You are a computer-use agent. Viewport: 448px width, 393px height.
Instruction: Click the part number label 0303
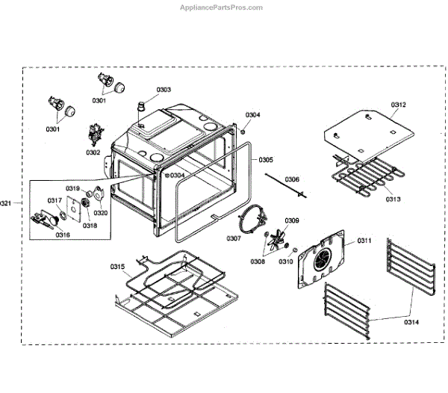[163, 90]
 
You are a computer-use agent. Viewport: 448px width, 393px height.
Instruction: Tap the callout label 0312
[398, 105]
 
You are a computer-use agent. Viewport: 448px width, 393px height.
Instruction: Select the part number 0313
[393, 199]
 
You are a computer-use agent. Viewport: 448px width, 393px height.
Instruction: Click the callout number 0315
[118, 267]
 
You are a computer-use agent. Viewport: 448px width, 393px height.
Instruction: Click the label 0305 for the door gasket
[266, 160]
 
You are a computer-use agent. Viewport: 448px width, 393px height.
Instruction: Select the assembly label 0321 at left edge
[6, 202]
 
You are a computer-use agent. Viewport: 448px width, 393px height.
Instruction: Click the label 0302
[93, 152]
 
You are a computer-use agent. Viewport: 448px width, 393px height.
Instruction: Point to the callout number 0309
[292, 220]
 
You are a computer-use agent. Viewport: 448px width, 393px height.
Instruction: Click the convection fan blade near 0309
[278, 239]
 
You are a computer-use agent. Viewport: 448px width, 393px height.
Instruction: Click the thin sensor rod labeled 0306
[282, 185]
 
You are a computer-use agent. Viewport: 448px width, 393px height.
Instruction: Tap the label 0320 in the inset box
[102, 212]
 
